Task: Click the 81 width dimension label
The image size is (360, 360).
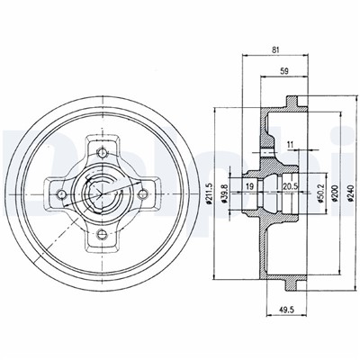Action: [275, 50]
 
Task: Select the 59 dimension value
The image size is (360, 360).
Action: [283, 71]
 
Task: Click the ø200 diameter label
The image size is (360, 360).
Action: [336, 193]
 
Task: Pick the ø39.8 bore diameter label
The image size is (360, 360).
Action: [224, 193]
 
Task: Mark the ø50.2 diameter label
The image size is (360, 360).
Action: [320, 193]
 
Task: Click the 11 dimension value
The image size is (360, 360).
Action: [290, 144]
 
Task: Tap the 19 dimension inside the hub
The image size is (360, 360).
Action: [250, 186]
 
